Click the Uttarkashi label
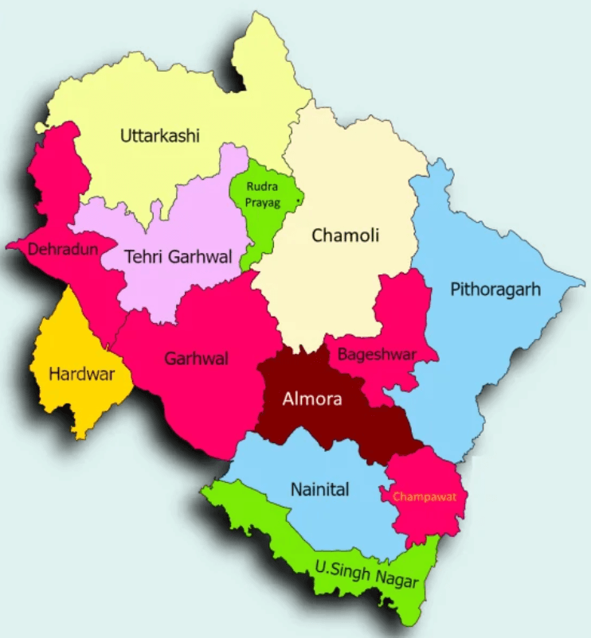pyautogui.click(x=159, y=136)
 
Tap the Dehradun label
pyautogui.click(x=63, y=249)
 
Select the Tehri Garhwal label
pyautogui.click(x=178, y=257)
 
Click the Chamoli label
pyautogui.click(x=346, y=235)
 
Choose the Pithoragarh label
pyautogui.click(x=495, y=289)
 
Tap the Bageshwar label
pyautogui.click(x=377, y=355)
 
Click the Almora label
pyautogui.click(x=312, y=399)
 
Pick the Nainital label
pyautogui.click(x=319, y=489)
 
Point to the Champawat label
pyautogui.click(x=424, y=496)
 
